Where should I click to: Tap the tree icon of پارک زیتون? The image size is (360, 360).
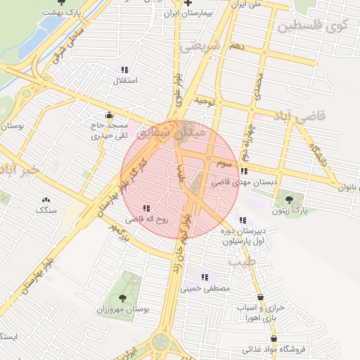tap(290, 198)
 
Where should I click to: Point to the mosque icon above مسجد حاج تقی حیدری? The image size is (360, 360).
tap(108, 115)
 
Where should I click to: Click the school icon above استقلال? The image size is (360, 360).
tap(124, 70)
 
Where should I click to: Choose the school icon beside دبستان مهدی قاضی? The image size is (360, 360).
tap(243, 171)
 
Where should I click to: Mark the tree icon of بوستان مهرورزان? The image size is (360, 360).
tap(123, 298)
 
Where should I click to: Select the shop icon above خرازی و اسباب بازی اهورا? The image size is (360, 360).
tap(262, 297)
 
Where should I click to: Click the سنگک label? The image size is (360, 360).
tap(46, 210)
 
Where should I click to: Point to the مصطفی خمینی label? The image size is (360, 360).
tap(205, 288)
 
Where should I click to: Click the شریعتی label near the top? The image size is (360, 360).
tap(200, 46)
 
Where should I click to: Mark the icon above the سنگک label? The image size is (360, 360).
tap(46, 200)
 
